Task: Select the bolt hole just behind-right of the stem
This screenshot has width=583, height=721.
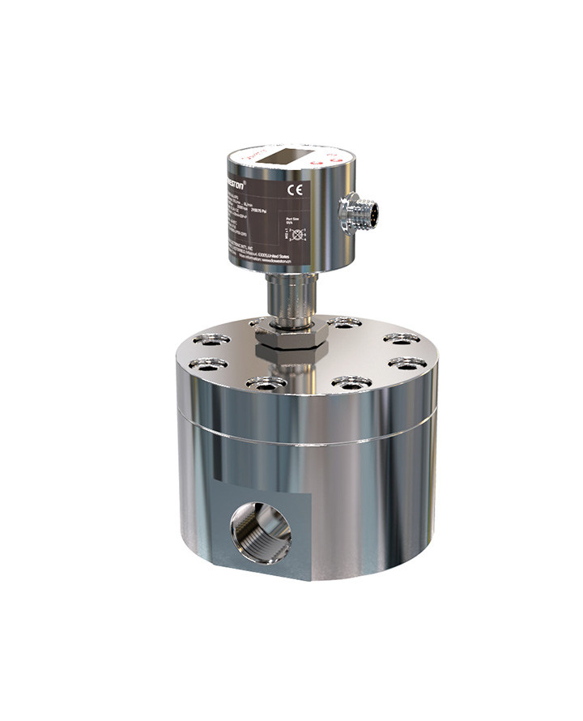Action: (x=344, y=323)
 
